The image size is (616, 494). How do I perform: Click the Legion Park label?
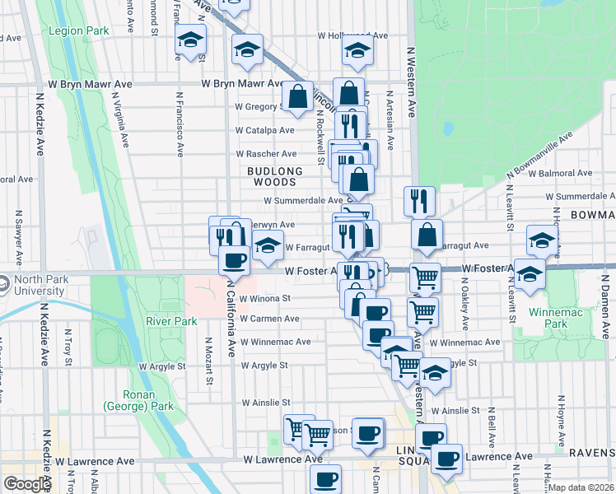(x=78, y=31)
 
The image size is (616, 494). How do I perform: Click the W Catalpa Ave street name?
(x=264, y=130)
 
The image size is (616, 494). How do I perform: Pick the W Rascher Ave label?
(x=265, y=154)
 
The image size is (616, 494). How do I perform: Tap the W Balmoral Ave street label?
(x=561, y=174)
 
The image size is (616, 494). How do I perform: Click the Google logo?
(x=27, y=483)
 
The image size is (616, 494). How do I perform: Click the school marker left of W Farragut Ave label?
(x=268, y=245)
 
